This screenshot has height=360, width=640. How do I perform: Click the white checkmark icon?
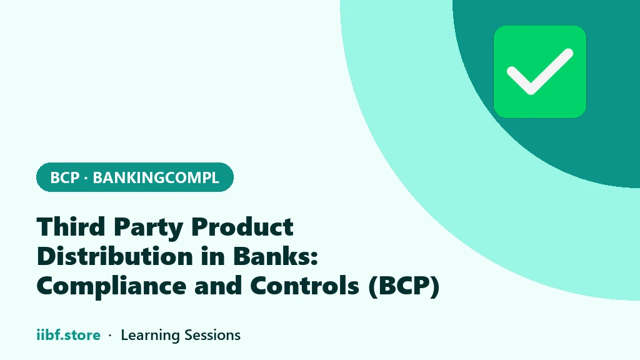pyautogui.click(x=539, y=72)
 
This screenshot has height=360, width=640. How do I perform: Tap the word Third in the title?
pyautogui.click(x=71, y=226)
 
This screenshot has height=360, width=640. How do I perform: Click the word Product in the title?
pyautogui.click(x=242, y=226)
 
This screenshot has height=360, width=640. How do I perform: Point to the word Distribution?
pyautogui.click(x=115, y=256)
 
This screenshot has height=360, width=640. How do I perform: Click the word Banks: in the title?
pyautogui.click(x=276, y=256)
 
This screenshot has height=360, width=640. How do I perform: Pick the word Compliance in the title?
pyautogui.click(x=111, y=286)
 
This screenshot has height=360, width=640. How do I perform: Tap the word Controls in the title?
pyautogui.click(x=304, y=285)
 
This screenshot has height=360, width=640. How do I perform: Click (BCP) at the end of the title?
pyautogui.click(x=404, y=286)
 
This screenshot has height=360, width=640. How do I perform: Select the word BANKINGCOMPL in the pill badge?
pyautogui.click(x=156, y=177)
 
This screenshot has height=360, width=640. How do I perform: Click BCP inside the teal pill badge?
pyautogui.click(x=64, y=177)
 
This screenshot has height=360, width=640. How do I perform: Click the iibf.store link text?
pyautogui.click(x=69, y=335)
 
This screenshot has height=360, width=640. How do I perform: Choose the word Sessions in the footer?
pyautogui.click(x=212, y=335)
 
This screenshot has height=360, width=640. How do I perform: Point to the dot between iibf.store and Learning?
pyautogui.click(x=110, y=336)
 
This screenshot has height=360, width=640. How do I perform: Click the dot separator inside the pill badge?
pyautogui.click(x=86, y=178)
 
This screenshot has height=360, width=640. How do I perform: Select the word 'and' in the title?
pyautogui.click(x=218, y=285)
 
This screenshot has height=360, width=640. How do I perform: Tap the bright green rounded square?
pyautogui.click(x=540, y=72)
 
